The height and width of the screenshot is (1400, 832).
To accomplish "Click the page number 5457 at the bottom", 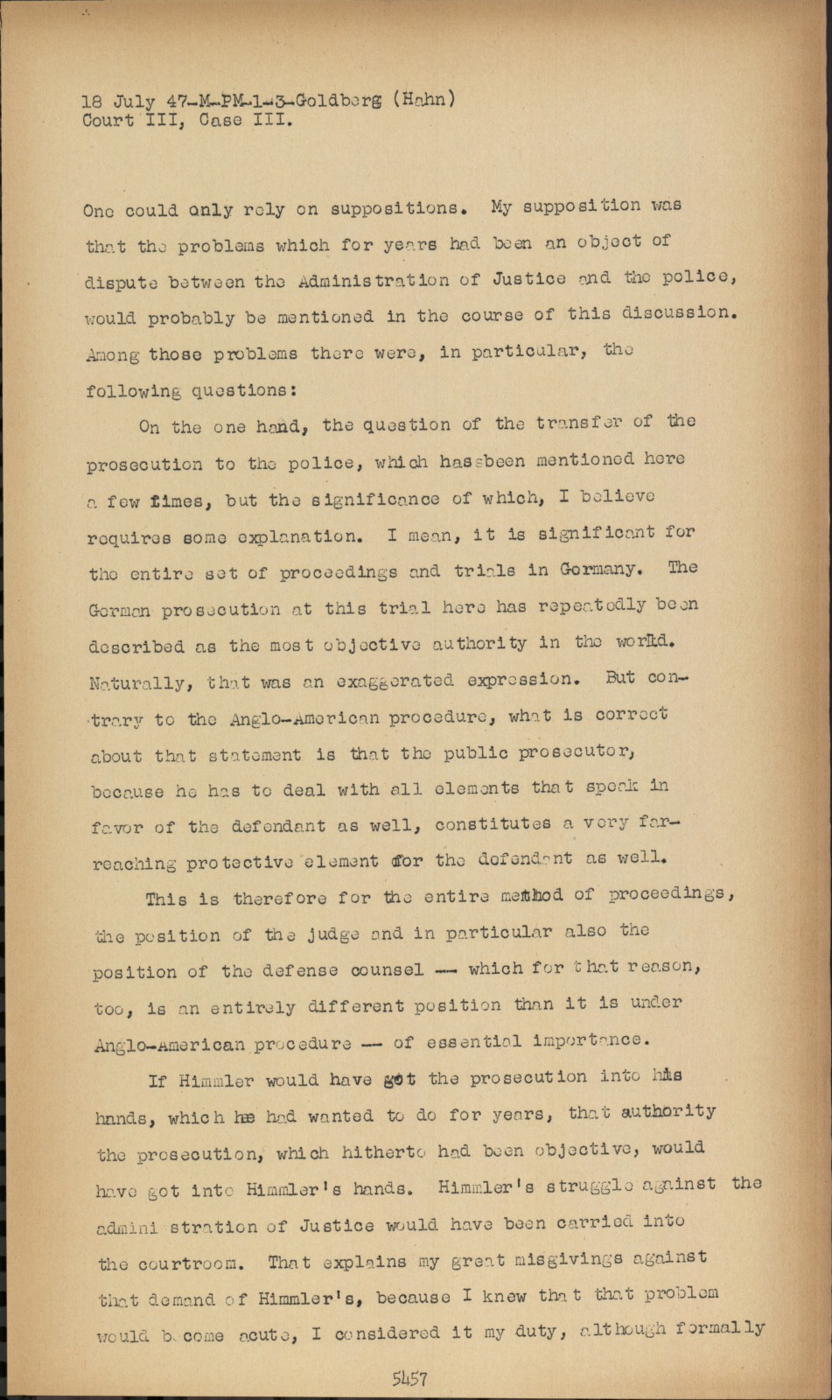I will pos(409,1379).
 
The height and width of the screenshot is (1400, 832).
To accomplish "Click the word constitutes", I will pos(493,823).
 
